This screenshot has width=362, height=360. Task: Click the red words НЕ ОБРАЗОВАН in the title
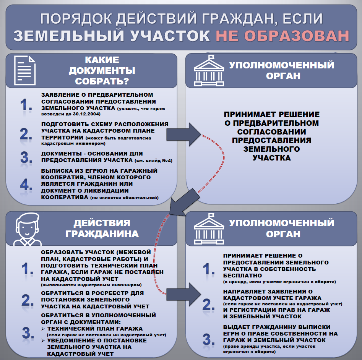(x=282, y=36)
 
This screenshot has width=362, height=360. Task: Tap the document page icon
(x=25, y=70)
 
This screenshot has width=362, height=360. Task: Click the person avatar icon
(x=27, y=229)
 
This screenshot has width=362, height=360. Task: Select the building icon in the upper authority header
(x=209, y=70)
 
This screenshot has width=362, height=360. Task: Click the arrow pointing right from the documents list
(x=183, y=135)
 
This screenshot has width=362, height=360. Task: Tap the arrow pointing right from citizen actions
(x=183, y=295)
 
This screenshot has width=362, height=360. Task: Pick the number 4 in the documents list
(x=25, y=185)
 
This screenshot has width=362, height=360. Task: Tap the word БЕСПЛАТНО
(x=242, y=276)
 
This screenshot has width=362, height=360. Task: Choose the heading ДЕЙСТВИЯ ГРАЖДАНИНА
(x=102, y=229)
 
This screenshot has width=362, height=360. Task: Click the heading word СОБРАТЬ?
(x=102, y=81)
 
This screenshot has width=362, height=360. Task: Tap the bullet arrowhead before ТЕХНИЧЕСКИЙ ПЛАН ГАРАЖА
(x=43, y=329)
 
